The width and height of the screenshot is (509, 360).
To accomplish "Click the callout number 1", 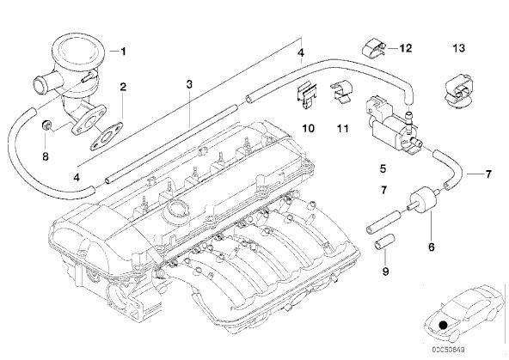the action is point(123,52).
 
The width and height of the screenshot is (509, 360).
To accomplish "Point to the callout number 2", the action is point(123,87).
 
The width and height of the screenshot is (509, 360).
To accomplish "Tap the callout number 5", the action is point(383,168).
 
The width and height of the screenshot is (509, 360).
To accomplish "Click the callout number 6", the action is point(431,247).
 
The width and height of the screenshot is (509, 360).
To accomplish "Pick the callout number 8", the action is point(46,156).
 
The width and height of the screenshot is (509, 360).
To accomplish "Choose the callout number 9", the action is point(385,272).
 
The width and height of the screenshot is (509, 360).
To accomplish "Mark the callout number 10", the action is point(308,128).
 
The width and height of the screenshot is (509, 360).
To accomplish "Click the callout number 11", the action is point(342,128).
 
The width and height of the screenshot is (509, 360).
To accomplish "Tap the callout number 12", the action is point(406,48).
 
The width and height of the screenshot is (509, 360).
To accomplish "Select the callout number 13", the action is point(458,48).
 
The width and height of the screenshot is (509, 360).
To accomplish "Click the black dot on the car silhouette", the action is point(443,325).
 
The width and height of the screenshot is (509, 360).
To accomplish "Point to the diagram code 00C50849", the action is point(448,350).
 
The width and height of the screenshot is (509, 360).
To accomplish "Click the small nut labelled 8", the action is point(46,125).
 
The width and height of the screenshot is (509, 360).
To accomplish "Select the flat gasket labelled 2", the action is point(106,137).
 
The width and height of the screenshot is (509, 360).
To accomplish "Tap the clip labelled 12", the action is point(374,49).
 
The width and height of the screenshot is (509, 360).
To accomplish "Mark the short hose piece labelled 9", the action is point(384,242).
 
